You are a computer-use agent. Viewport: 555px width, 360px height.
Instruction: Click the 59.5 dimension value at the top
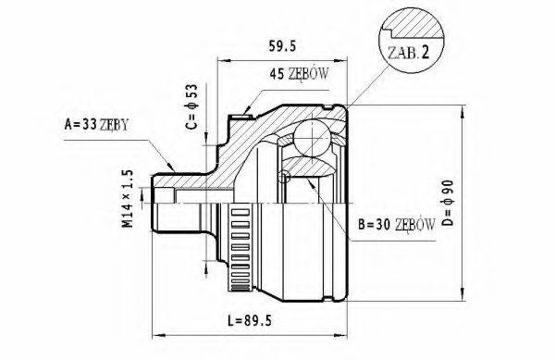click(x=282, y=46)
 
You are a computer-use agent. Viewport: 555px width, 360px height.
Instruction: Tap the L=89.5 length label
click(x=250, y=321)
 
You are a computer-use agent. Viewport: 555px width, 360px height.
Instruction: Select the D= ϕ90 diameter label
click(x=448, y=203)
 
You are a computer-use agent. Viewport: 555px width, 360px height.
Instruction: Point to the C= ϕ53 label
click(x=191, y=106)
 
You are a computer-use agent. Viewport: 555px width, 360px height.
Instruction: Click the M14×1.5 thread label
click(x=128, y=198)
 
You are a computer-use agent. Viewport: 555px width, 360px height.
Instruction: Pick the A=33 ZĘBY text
click(x=96, y=124)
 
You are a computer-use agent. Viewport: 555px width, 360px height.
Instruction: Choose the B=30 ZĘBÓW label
click(x=397, y=224)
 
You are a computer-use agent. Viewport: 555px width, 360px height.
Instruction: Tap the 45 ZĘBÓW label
click(x=299, y=74)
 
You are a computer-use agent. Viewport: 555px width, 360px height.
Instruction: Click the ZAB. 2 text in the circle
click(x=408, y=53)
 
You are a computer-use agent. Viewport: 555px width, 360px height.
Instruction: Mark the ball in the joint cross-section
click(x=313, y=139)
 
